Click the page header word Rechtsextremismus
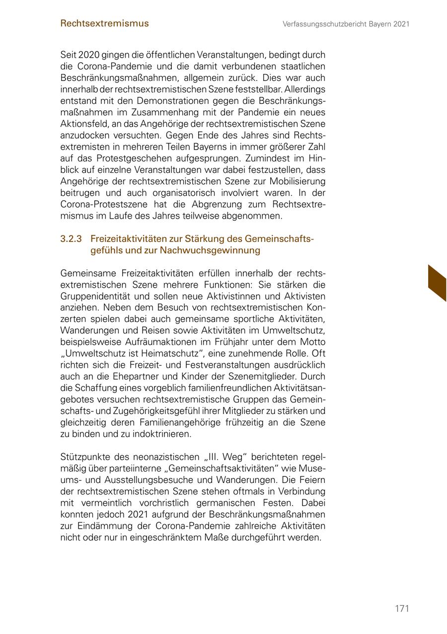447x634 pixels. point(104,23)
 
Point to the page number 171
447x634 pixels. point(402,608)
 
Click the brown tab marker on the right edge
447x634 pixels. point(437,283)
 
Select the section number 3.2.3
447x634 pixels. point(71,239)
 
